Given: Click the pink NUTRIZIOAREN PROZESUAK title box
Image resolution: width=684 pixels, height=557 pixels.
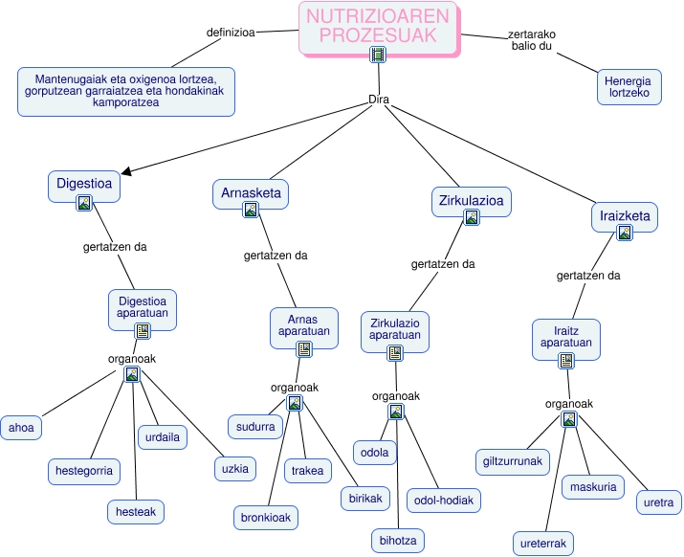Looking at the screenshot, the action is (379, 29).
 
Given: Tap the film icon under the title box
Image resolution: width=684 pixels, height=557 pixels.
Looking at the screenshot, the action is (378, 55).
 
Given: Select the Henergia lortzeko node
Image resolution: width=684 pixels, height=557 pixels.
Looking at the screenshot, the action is (629, 87).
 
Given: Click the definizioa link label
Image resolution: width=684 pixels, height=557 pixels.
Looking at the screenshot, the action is (231, 33).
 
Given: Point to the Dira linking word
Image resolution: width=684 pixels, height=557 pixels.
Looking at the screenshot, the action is (379, 100).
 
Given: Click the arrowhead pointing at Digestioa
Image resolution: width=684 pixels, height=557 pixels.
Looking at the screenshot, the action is (126, 172).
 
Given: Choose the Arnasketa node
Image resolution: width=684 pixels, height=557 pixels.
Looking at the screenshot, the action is (251, 194).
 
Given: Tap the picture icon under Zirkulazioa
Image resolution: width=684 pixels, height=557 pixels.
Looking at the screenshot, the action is (471, 217).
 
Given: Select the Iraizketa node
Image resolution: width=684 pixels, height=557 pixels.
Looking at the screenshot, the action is (625, 217).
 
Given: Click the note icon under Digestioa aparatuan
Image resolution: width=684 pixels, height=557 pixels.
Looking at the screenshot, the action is (143, 331).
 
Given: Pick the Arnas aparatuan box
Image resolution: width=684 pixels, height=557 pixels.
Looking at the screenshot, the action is (304, 328).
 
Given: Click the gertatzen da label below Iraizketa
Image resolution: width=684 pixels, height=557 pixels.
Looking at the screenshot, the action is (588, 276).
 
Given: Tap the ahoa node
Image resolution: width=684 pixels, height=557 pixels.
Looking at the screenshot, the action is (21, 428).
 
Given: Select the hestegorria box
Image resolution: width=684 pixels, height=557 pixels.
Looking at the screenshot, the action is (84, 472).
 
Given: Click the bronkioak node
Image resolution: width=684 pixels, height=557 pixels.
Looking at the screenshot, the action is (266, 518).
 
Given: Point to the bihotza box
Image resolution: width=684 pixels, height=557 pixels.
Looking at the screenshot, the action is (398, 541).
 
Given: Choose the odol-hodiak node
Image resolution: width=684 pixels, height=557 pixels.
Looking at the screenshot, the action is (444, 501).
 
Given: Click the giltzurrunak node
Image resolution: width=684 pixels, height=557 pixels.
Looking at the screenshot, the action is (513, 462).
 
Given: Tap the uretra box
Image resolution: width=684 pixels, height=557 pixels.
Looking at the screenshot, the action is (659, 502).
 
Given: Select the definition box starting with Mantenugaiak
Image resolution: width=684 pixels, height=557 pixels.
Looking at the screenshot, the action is (126, 92).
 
